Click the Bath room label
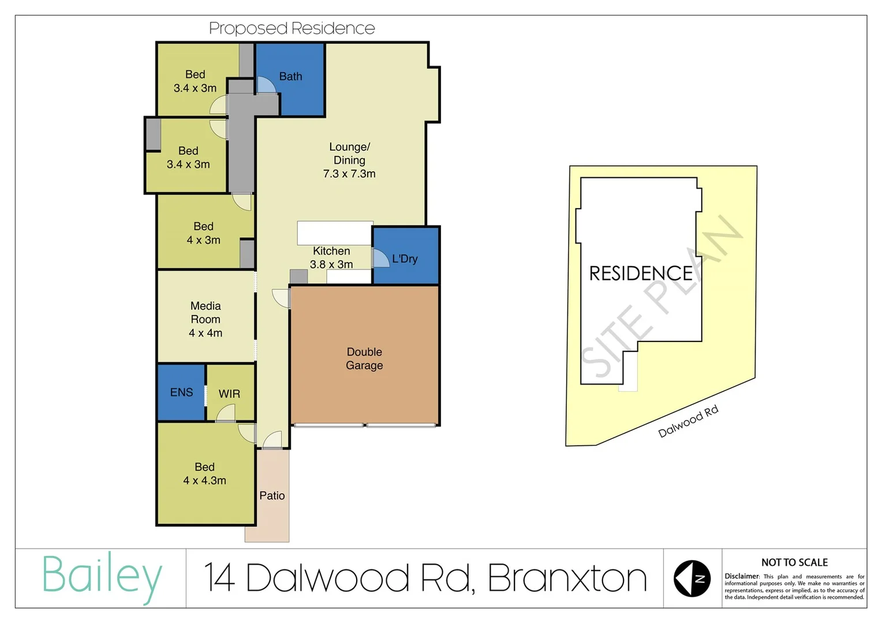290,76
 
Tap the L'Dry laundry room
405,258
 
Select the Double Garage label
364,358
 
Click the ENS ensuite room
181,392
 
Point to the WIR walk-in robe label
229,393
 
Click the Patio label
272,496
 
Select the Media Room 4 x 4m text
205,319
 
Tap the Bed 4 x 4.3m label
204,474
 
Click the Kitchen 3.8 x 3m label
331,257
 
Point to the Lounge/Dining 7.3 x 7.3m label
349,160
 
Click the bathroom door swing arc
266,85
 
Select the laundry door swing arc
380,258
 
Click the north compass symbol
692,578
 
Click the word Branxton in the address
567,578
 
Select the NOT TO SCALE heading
794,562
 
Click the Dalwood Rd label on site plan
688,421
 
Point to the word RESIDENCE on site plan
640,273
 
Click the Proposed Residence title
291,28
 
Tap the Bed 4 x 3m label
203,233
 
